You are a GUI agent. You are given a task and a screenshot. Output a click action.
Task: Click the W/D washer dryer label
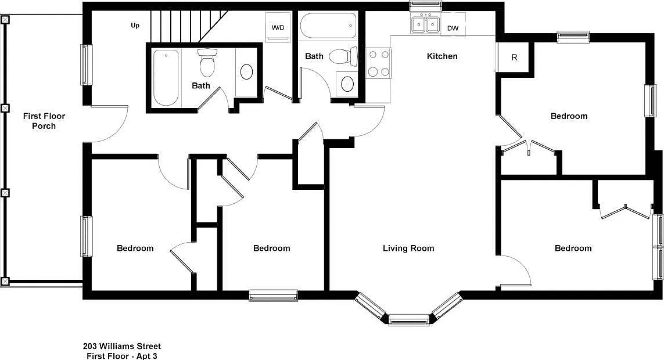point(278,27)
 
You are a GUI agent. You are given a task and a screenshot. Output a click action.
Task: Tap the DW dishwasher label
point(453,28)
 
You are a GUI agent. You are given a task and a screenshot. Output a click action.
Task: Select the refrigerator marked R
point(514,57)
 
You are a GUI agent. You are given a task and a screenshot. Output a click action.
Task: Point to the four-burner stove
point(378,63)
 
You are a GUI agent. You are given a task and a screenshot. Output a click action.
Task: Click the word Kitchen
point(442,56)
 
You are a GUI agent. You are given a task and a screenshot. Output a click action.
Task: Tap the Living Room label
point(408,249)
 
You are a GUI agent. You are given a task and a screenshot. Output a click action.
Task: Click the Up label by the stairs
point(135,26)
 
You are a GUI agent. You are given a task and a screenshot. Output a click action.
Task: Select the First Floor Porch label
point(44,121)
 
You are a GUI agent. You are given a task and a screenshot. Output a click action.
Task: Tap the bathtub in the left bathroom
point(166,78)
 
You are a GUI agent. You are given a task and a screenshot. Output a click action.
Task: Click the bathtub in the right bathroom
point(328,26)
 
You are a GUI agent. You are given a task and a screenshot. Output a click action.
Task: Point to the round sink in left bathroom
point(247,72)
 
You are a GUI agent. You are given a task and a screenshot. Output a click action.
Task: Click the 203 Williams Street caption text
point(122,347)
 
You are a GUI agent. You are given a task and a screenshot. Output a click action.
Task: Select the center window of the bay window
point(409,320)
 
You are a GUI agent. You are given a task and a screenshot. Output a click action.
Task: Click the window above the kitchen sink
point(426,5)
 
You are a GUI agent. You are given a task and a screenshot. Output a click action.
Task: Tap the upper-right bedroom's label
point(569,116)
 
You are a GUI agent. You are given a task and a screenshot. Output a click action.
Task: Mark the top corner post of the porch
point(5,20)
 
